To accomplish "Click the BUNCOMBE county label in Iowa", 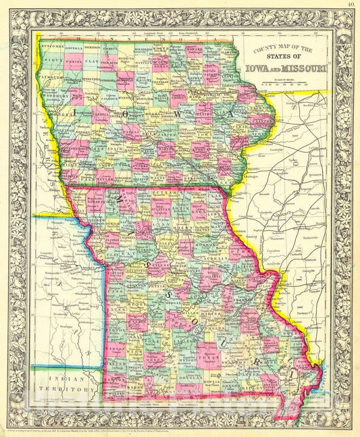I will pos(52,46).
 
